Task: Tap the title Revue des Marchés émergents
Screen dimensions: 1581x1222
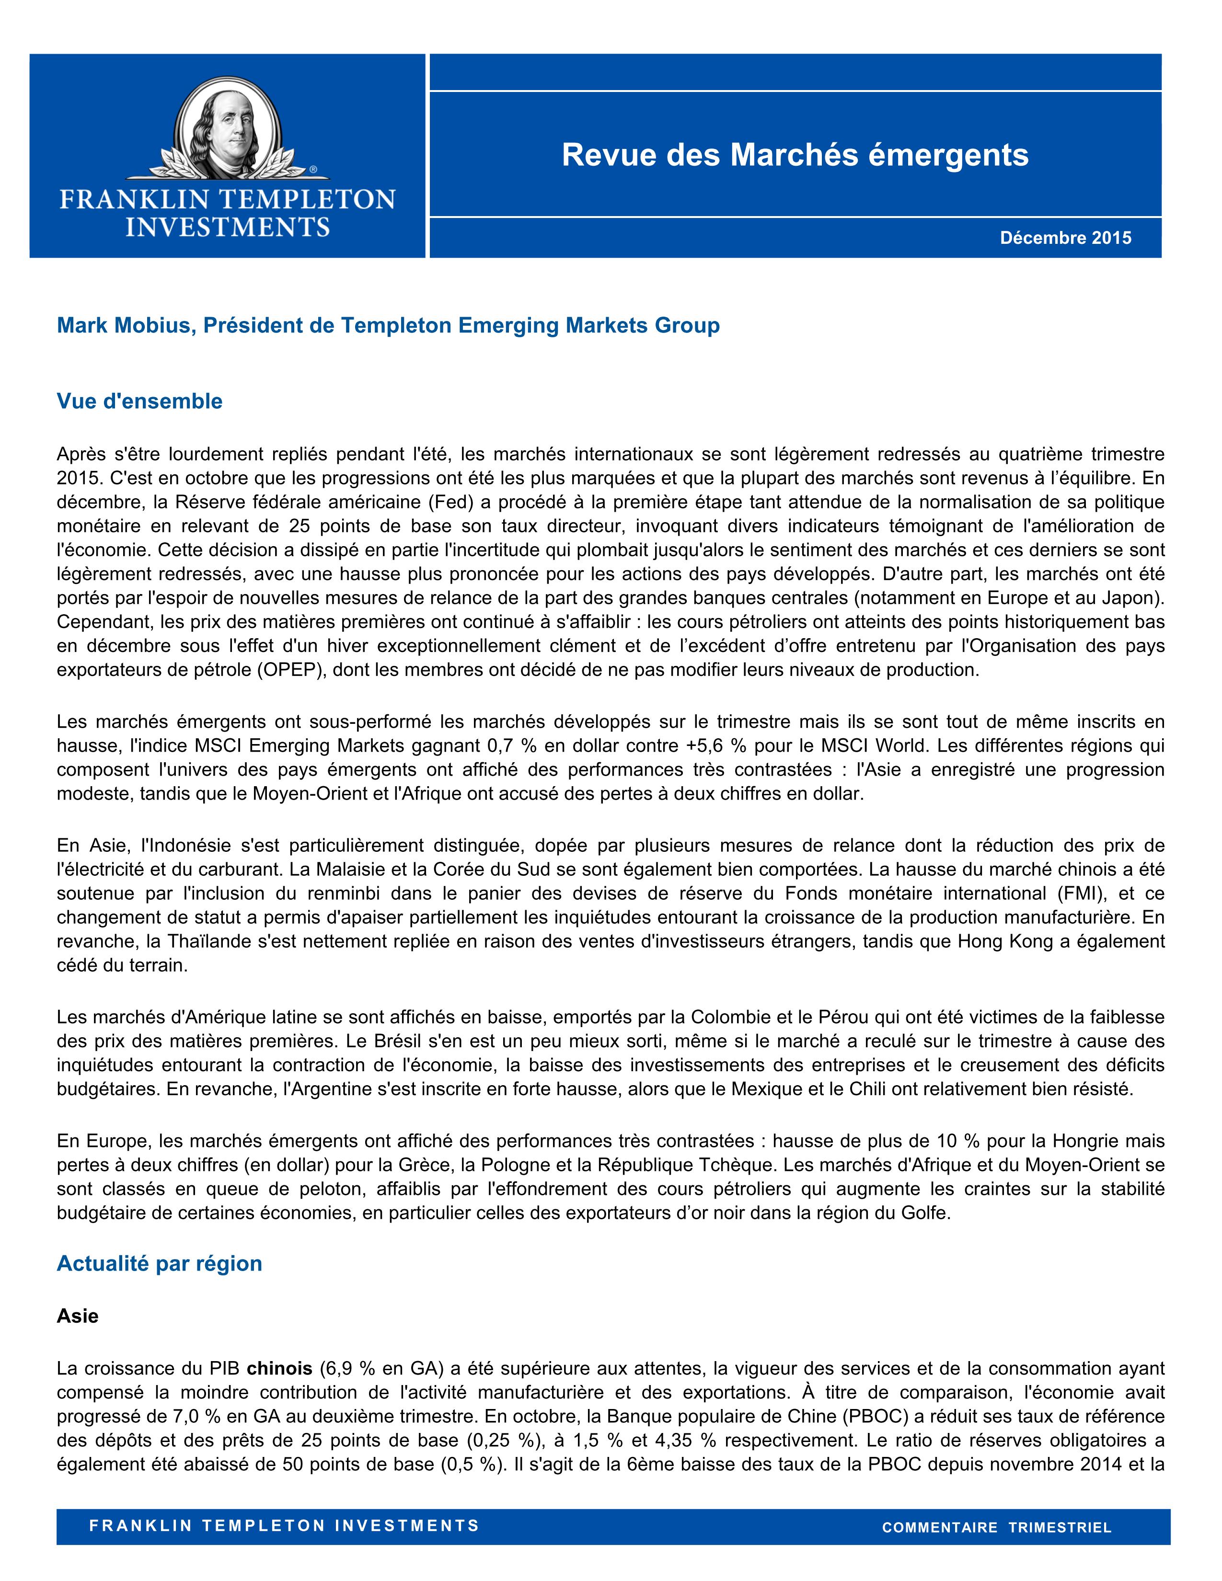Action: click(x=795, y=155)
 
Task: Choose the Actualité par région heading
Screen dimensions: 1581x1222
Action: click(x=159, y=1263)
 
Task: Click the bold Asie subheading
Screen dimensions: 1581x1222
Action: click(x=78, y=1315)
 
